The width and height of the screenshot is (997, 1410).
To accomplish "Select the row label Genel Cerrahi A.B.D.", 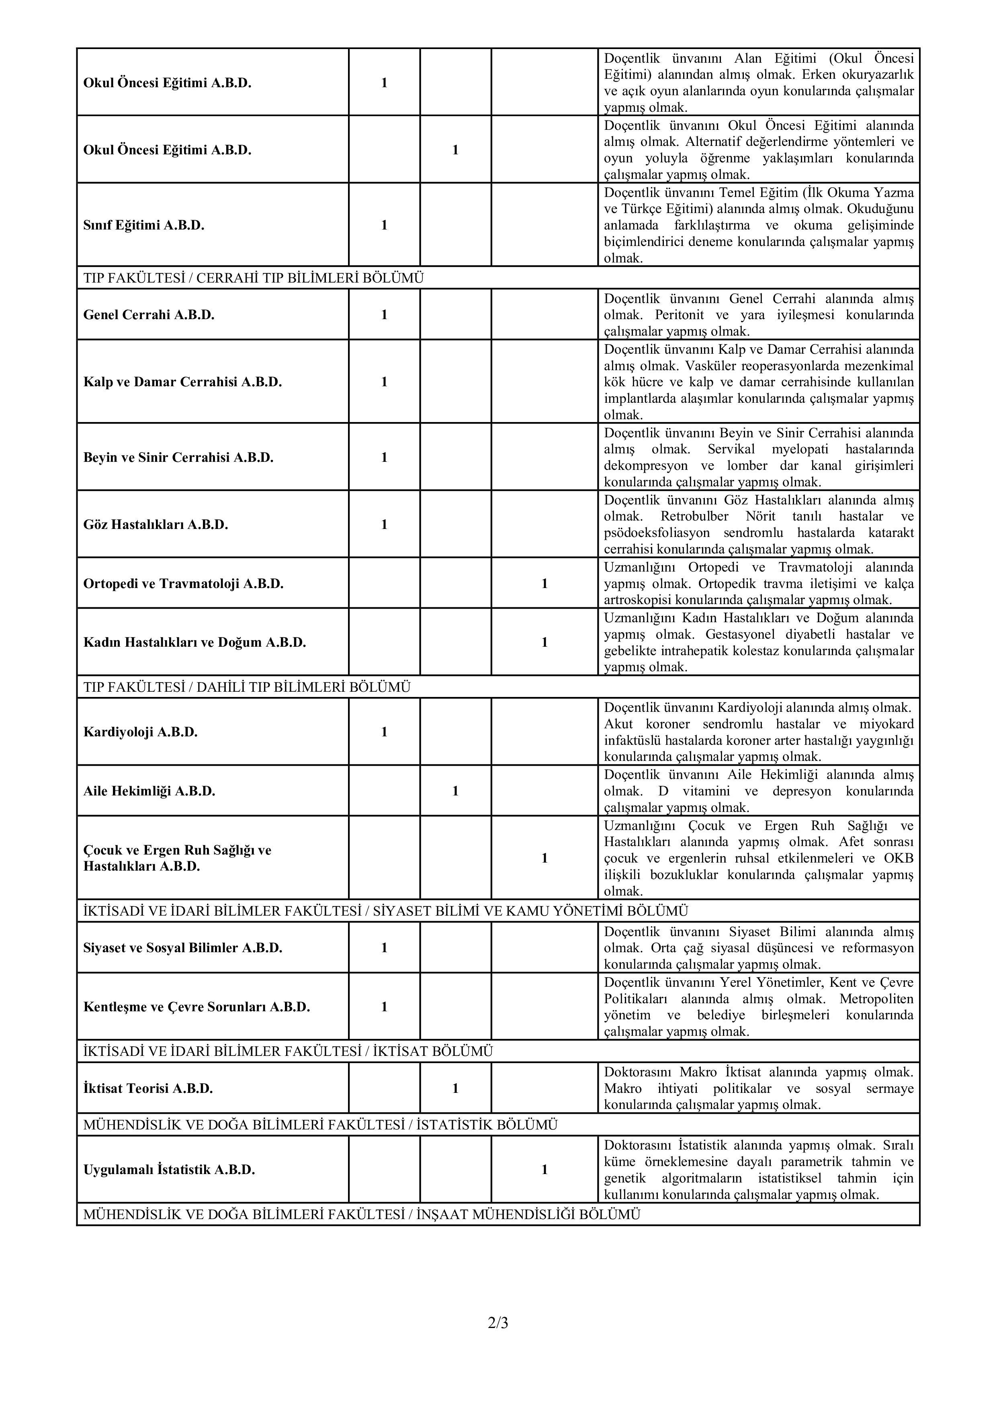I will point(149,315).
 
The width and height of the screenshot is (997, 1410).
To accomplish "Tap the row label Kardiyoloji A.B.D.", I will point(141,732).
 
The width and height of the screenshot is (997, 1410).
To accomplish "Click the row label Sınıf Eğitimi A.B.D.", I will point(143,225).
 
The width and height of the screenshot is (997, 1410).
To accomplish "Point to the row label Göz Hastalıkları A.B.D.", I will point(156,525).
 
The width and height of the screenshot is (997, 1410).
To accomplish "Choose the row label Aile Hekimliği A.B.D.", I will point(149,791).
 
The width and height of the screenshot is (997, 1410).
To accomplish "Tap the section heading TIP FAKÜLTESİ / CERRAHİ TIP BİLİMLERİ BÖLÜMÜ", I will point(254,278).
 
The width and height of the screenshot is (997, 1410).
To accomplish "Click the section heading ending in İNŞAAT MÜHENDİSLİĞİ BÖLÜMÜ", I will point(362,1214).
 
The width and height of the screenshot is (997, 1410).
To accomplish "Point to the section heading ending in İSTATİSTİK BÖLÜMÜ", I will point(320,1125).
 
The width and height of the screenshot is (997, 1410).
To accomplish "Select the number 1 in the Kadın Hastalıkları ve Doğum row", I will point(545,642).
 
